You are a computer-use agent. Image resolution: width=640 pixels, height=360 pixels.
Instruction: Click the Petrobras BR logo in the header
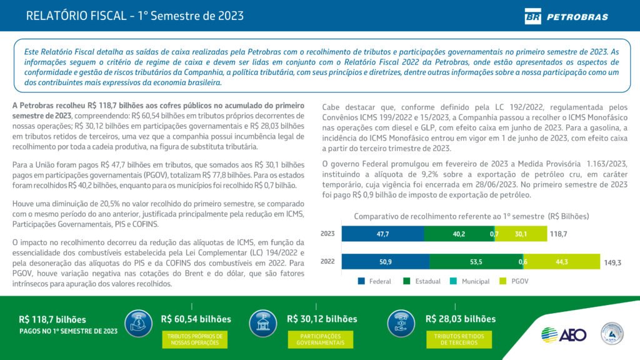click(x=533, y=16)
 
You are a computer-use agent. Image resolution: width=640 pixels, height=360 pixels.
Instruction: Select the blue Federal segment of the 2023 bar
click(x=382, y=234)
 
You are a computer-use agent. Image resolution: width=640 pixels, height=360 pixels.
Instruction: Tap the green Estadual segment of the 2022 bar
click(x=476, y=262)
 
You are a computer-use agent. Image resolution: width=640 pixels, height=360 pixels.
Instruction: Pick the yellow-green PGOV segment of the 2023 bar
click(x=521, y=234)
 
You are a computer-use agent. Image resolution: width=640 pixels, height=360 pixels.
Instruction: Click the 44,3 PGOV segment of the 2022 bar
click(x=561, y=262)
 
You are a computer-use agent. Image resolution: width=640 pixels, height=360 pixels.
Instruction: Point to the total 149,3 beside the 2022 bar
click(x=612, y=263)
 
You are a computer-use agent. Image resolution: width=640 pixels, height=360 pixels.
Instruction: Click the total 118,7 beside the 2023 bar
click(x=558, y=234)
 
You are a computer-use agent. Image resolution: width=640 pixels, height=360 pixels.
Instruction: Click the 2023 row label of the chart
click(x=327, y=234)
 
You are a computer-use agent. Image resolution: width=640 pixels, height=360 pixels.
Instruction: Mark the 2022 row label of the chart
click(x=327, y=262)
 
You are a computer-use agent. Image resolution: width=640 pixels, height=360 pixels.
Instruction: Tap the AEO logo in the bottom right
click(x=564, y=334)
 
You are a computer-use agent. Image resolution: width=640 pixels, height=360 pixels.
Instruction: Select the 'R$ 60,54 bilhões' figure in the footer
click(x=196, y=319)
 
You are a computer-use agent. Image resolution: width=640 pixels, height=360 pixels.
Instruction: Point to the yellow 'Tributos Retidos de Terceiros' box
click(x=459, y=339)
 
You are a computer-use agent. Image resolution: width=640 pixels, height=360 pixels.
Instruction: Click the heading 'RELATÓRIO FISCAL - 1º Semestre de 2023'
click(x=135, y=16)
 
